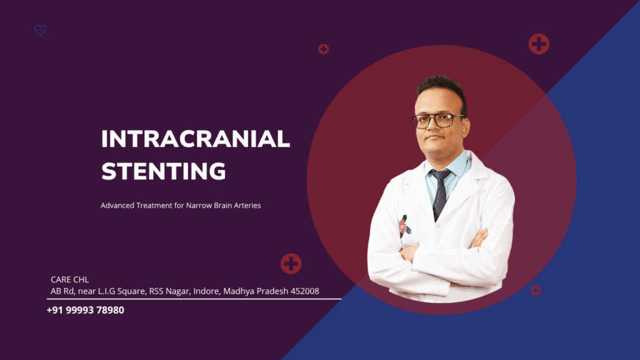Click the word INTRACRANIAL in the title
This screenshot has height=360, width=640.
(x=196, y=139)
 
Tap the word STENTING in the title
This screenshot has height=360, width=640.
(x=163, y=171)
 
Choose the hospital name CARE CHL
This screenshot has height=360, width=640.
(x=70, y=279)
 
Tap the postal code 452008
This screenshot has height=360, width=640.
(x=304, y=291)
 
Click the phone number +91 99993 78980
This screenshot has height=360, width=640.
(x=85, y=310)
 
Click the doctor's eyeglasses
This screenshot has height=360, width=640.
(x=437, y=121)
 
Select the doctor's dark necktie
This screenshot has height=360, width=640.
(x=439, y=192)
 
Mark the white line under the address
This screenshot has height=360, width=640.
(x=194, y=299)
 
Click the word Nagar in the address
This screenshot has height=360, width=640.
(x=178, y=291)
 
